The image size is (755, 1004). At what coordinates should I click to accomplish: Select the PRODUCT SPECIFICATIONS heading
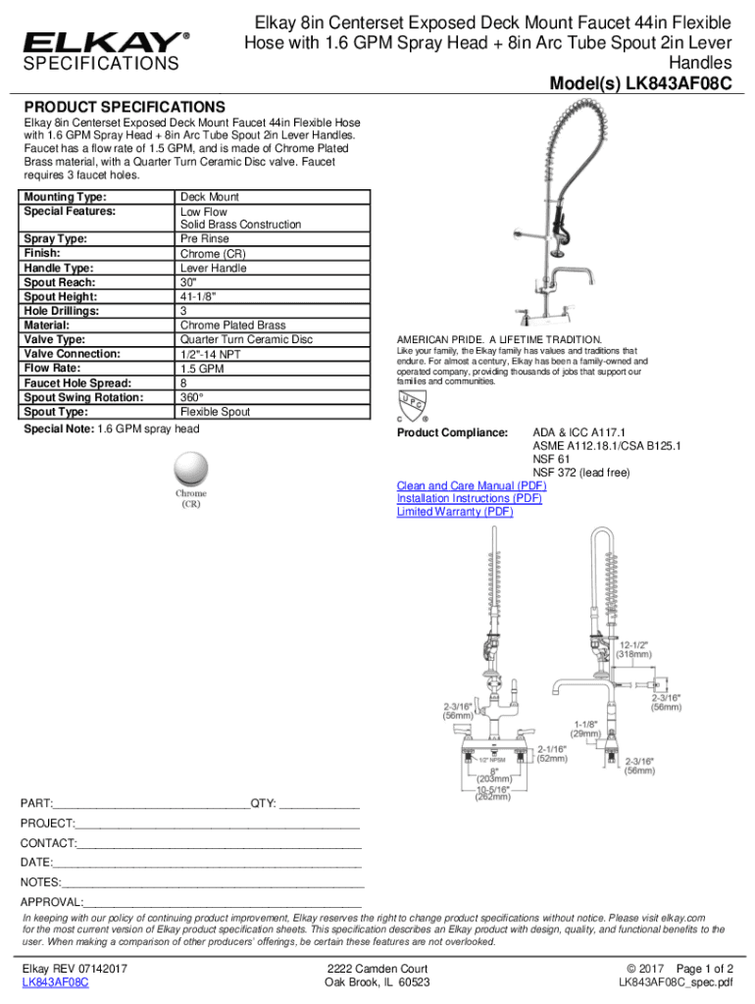pos(125,107)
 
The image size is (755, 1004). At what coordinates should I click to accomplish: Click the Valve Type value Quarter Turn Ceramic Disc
pos(246,339)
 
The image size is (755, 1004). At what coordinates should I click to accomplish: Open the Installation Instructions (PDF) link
pos(469,498)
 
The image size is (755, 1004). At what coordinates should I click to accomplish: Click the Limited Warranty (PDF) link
pos(454,511)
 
